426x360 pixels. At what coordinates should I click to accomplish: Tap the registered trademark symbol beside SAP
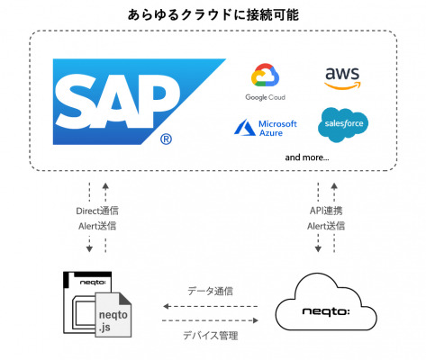[x=166, y=139]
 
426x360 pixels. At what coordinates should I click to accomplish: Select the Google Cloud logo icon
[x=265, y=75]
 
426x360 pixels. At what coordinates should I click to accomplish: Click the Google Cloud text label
[x=265, y=97]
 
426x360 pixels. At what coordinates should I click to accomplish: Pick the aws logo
[x=342, y=78]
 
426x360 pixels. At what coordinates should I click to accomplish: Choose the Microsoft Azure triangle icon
[x=244, y=128]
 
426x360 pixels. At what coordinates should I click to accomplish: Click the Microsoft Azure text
[x=277, y=128]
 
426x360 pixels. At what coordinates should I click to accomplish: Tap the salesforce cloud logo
[x=343, y=124]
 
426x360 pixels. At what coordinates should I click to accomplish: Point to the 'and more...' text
[x=307, y=157]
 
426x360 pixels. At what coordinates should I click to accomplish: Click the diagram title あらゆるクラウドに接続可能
[x=213, y=14]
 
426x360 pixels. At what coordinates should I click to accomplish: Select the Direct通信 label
[x=97, y=211]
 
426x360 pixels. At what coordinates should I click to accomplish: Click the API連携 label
[x=326, y=211]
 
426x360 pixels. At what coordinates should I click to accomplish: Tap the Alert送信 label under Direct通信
[x=97, y=226]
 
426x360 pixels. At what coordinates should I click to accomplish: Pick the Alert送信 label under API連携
[x=326, y=226]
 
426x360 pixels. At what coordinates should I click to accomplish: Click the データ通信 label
[x=210, y=291]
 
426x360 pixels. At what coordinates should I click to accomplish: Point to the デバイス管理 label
[x=210, y=335]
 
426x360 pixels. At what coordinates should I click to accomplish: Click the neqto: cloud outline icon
[x=326, y=301]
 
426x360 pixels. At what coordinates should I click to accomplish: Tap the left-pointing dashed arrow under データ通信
[x=210, y=306]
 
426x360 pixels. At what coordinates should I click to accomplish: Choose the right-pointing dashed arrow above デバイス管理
[x=210, y=320]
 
